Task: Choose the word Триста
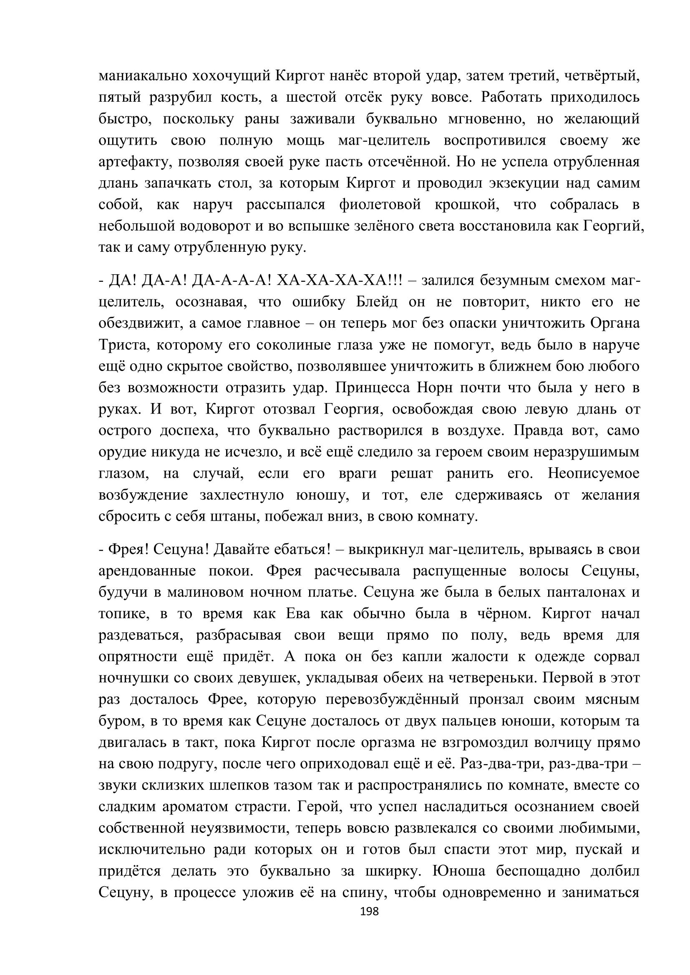click(x=123, y=345)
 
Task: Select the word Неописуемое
click(x=593, y=474)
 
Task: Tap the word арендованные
click(x=147, y=571)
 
